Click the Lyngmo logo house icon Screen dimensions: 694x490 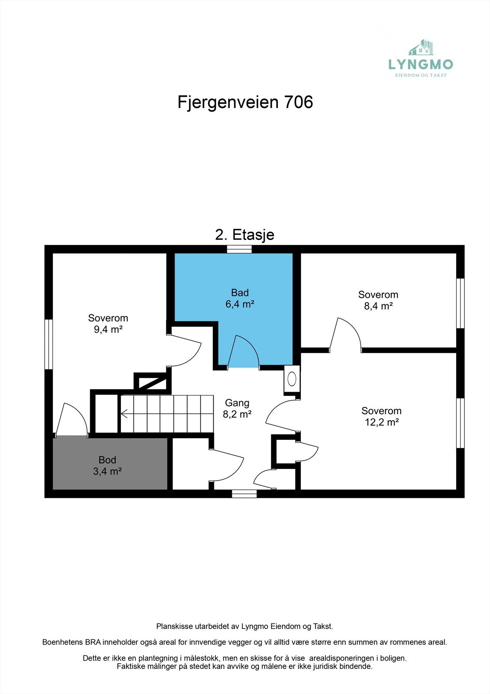tap(421, 48)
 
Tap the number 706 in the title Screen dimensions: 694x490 tap(298, 102)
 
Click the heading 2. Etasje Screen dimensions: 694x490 tap(245, 235)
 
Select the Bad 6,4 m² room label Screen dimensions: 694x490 tap(240, 298)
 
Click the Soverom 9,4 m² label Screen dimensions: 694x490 tap(108, 324)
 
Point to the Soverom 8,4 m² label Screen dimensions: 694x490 tap(378, 300)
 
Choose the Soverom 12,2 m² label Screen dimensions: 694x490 tap(381, 416)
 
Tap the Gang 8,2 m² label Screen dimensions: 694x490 tap(237, 409)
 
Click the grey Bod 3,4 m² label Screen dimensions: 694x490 tap(107, 465)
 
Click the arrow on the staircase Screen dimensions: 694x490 tap(124, 414)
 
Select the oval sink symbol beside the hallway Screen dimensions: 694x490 tap(292, 379)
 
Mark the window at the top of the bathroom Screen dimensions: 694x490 tap(239, 249)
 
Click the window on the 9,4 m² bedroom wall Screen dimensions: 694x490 tap(49, 344)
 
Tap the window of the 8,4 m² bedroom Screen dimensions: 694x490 tap(460, 303)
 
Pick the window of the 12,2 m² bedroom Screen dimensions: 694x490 tap(460, 423)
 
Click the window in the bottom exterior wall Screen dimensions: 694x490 tap(244, 493)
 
